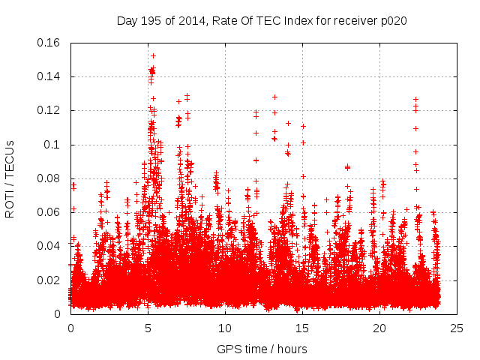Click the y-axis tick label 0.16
50,43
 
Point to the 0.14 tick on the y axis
50,76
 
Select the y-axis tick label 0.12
50,110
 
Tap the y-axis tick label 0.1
53,145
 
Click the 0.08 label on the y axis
50,178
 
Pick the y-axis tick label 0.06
50,212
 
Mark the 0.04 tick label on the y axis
50,246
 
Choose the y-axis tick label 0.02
50,280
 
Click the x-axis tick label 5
148,328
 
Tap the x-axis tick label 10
225,328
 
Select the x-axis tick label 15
302,328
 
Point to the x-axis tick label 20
379,328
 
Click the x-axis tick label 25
457,328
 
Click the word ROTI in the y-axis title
10,202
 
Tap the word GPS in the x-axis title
228,349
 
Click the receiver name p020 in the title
394,20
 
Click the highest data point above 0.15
153,55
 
